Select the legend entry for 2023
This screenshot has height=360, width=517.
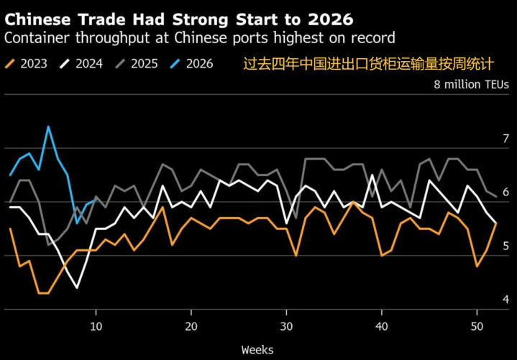pos(26,64)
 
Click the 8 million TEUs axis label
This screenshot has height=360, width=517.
pos(471,84)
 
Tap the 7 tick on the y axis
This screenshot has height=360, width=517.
pos(506,138)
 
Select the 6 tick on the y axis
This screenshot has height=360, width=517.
pos(506,192)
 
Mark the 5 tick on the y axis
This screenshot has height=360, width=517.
pos(506,246)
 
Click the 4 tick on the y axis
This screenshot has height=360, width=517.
pos(506,300)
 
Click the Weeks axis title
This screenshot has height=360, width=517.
pos(257,350)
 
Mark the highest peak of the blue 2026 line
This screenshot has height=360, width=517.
pos(48,127)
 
